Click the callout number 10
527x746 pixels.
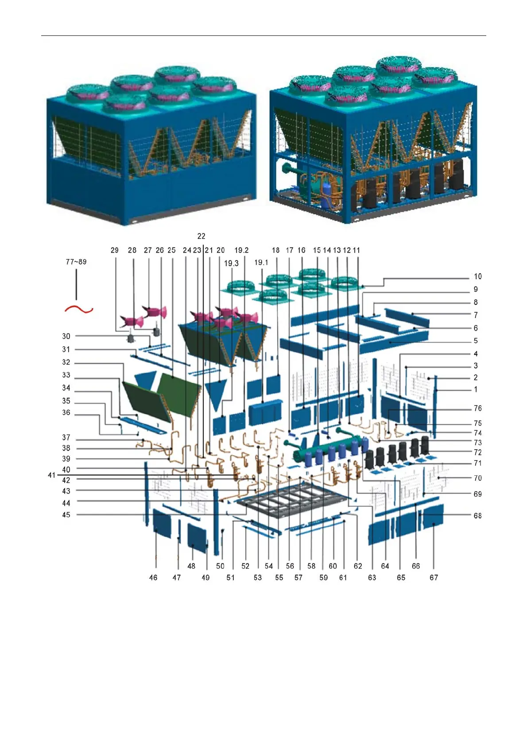(x=477, y=276)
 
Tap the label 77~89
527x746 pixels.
(x=76, y=262)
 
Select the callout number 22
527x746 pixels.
(x=201, y=236)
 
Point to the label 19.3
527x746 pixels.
(x=231, y=263)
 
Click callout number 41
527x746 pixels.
(x=52, y=475)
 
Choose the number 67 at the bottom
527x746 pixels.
(x=434, y=577)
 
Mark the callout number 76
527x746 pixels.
(x=477, y=408)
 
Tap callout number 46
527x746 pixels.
(x=153, y=577)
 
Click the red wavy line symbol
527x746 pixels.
(x=79, y=309)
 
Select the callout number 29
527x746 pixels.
(x=115, y=250)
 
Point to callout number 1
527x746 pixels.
(x=476, y=389)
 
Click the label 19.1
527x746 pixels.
(x=261, y=263)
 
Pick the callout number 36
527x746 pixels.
(x=66, y=412)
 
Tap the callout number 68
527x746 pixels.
(x=477, y=516)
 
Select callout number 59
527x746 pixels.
(x=324, y=577)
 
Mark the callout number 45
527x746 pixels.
(x=66, y=515)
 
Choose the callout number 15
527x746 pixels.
(x=317, y=250)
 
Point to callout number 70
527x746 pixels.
(x=477, y=478)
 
